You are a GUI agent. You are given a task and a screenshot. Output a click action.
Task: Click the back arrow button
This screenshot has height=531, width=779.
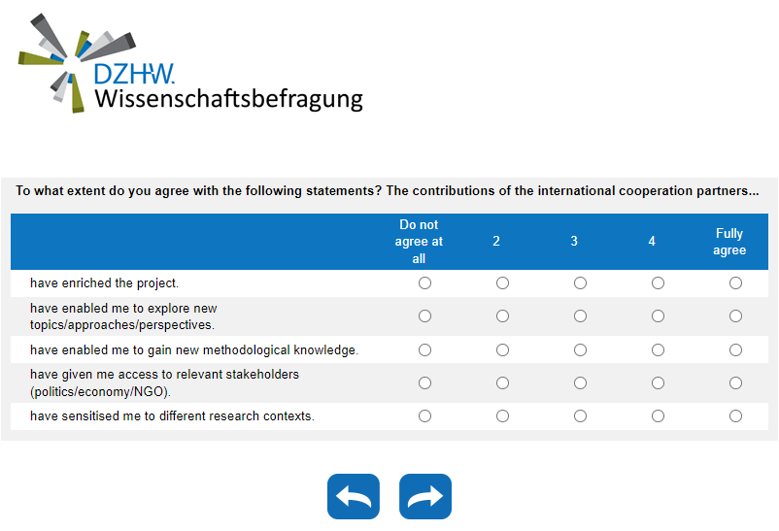pyautogui.click(x=353, y=497)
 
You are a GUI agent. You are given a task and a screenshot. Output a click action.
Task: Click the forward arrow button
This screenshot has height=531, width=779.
pyautogui.click(x=425, y=497)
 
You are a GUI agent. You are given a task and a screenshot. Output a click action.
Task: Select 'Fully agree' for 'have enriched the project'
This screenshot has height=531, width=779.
pyautogui.click(x=735, y=283)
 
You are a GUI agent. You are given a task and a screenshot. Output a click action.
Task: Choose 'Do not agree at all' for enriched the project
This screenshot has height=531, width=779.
pyautogui.click(x=424, y=283)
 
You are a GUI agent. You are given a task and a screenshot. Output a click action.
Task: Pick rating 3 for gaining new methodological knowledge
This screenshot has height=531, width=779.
pyautogui.click(x=580, y=349)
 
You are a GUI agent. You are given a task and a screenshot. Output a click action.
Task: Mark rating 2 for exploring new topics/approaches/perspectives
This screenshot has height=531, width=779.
pyautogui.click(x=502, y=316)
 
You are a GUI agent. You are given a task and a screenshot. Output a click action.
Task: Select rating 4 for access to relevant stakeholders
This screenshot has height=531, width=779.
pyautogui.click(x=658, y=383)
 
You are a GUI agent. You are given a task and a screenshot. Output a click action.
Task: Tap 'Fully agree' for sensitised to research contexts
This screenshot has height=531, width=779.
pyautogui.click(x=735, y=416)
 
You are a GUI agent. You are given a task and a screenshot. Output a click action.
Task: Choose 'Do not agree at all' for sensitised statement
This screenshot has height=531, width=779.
pyautogui.click(x=424, y=416)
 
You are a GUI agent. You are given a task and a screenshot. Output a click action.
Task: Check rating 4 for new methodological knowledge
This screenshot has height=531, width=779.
pyautogui.click(x=658, y=349)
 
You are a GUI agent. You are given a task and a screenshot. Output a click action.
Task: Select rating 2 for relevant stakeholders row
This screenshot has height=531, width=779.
pyautogui.click(x=502, y=383)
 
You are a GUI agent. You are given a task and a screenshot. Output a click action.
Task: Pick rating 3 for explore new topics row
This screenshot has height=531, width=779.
pyautogui.click(x=580, y=316)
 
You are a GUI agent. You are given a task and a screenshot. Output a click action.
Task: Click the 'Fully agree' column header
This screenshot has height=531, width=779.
pyautogui.click(x=729, y=242)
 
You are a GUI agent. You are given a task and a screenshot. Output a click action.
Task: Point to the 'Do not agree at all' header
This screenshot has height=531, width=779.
pyautogui.click(x=419, y=242)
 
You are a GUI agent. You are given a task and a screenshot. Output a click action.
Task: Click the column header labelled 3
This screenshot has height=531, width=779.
pyautogui.click(x=574, y=242)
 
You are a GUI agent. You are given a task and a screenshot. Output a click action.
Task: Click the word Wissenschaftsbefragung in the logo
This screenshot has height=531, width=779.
pyautogui.click(x=228, y=99)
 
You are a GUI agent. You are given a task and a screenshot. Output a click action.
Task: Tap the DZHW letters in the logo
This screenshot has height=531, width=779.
pyautogui.click(x=134, y=74)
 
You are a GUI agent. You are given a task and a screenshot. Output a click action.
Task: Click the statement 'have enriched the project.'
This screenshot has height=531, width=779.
pyautogui.click(x=105, y=283)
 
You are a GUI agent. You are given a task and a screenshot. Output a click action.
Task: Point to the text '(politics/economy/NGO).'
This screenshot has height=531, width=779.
pyautogui.click(x=100, y=392)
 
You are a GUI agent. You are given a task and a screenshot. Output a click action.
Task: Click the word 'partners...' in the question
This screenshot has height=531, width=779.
pyautogui.click(x=726, y=190)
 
